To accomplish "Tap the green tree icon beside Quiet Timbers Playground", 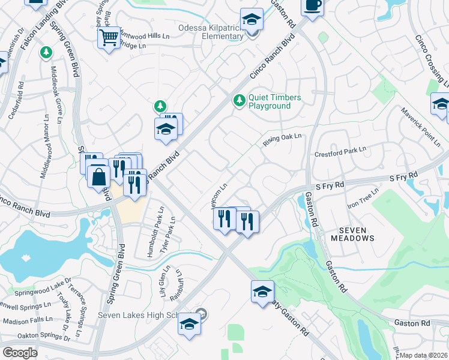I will tap(240, 100).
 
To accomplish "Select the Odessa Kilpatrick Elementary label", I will tap(210, 32).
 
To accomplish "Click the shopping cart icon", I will tap(109, 38).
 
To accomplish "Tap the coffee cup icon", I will tap(312, 6).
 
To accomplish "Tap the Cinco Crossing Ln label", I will tap(431, 59).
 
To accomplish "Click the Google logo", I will tap(19, 353).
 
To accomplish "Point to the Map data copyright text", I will tap(424, 355).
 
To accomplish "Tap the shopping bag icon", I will tap(98, 178).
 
